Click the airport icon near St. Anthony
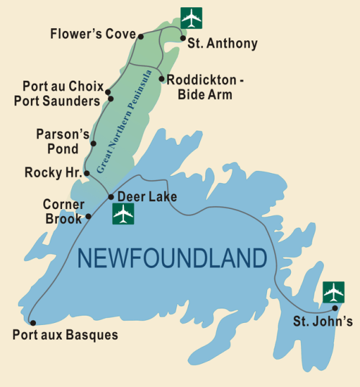click(x=192, y=17)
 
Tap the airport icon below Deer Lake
click(x=124, y=214)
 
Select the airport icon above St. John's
click(x=333, y=292)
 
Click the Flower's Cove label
click(x=92, y=34)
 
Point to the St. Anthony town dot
click(x=183, y=38)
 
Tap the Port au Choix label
click(x=62, y=86)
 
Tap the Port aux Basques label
click(x=65, y=335)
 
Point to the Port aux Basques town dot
click(x=32, y=323)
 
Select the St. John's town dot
click(x=335, y=308)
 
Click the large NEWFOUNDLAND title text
click(x=171, y=257)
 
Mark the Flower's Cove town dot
click(x=141, y=35)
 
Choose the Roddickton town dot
click(x=161, y=78)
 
